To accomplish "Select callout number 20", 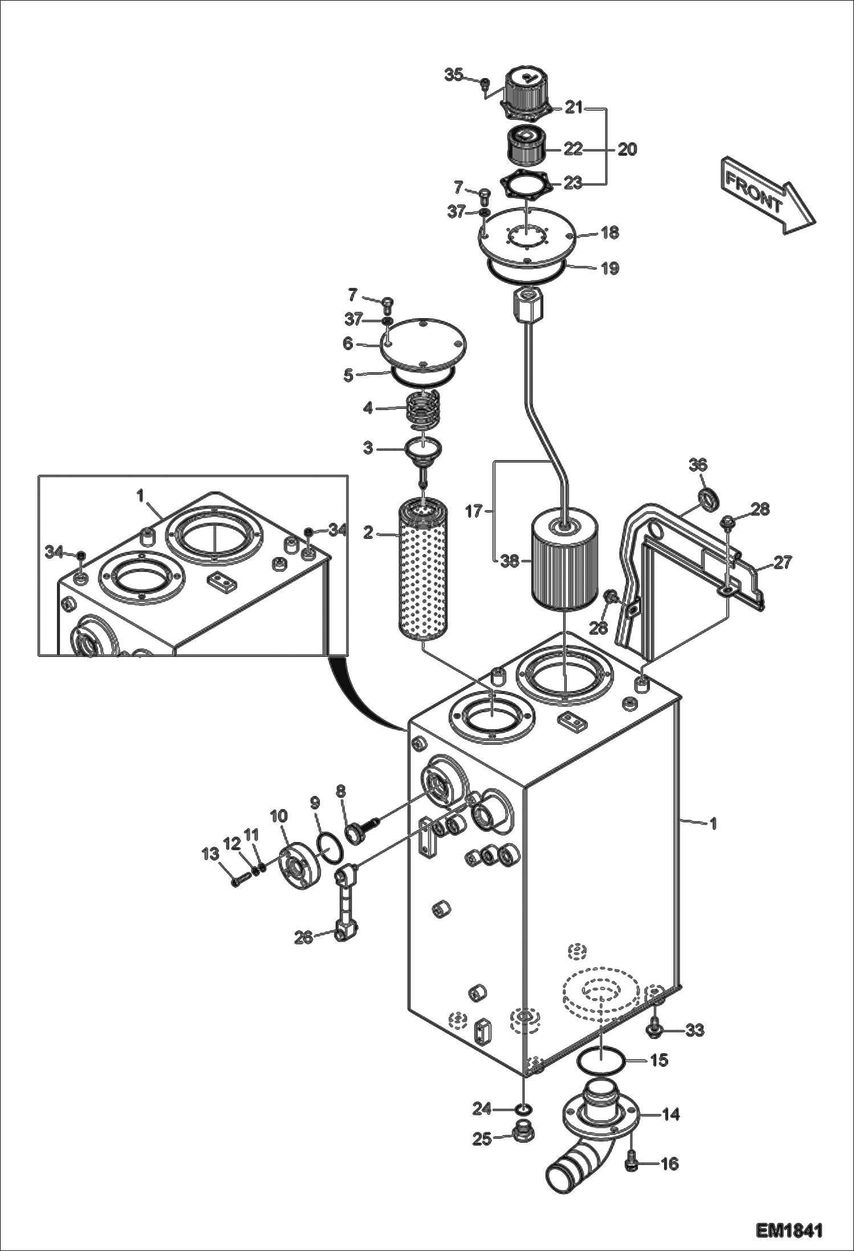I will tap(627, 149).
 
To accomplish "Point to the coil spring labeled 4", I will tap(423, 410).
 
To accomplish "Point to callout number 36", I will tap(698, 465).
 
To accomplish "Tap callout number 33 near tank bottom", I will tap(695, 1030).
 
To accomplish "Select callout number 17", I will tap(474, 511).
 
